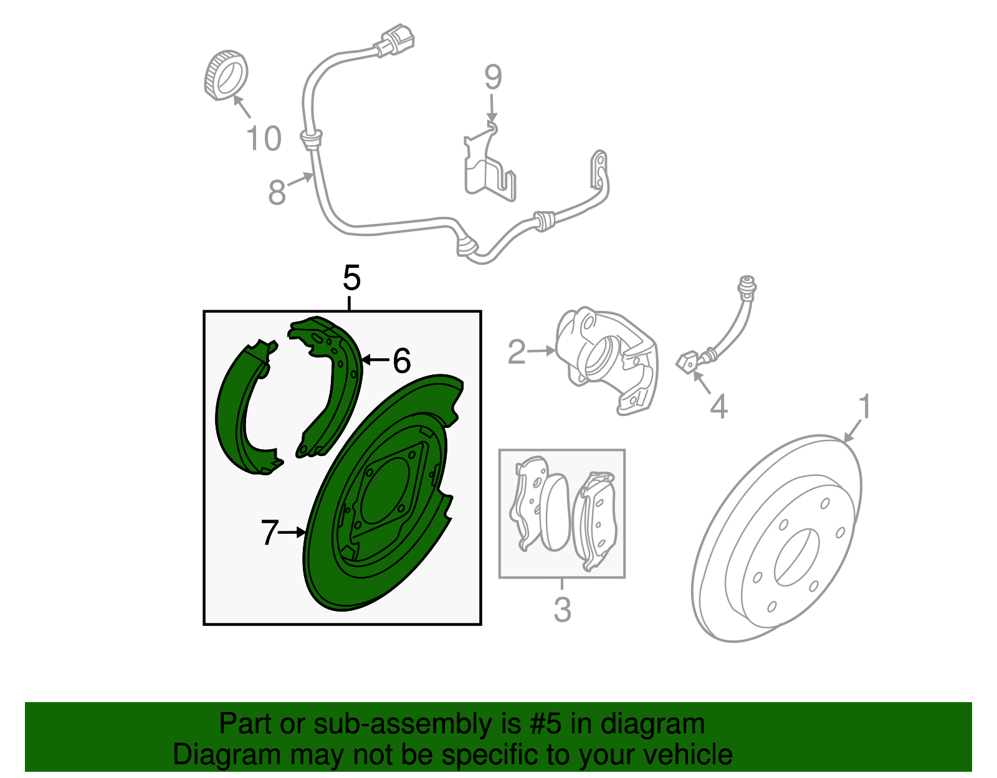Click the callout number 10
click(264, 138)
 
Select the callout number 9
click(493, 78)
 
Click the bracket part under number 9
click(489, 171)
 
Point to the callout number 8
click(277, 192)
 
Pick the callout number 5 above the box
click(351, 278)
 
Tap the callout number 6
click(402, 361)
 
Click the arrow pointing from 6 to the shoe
click(375, 360)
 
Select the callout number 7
click(269, 533)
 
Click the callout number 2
click(517, 353)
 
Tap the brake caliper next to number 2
click(604, 358)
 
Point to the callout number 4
click(718, 407)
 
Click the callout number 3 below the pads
click(562, 609)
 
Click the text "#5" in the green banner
click(546, 724)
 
